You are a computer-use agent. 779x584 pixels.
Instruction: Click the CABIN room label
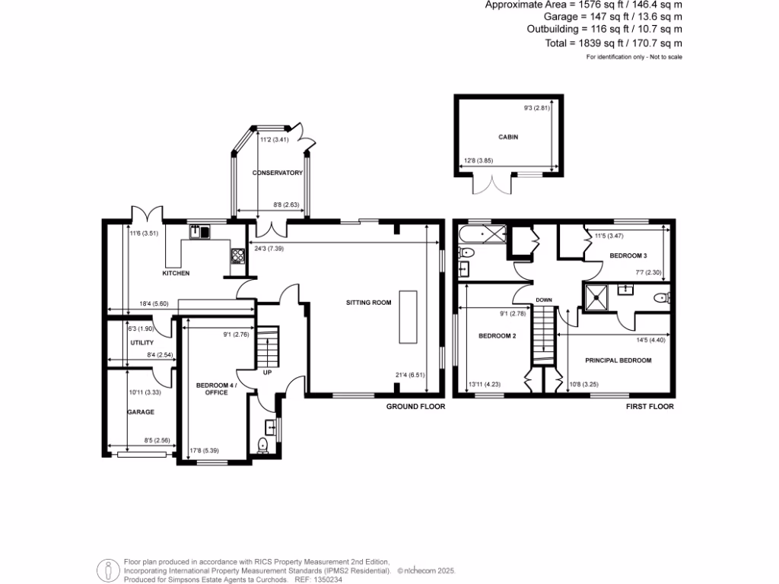508,137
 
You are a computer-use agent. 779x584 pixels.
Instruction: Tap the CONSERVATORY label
278,173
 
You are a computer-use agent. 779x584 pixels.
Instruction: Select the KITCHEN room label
176,273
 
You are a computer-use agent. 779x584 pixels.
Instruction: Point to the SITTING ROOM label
371,303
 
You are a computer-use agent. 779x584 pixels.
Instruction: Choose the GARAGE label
141,412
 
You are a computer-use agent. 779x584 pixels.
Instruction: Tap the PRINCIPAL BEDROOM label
618,360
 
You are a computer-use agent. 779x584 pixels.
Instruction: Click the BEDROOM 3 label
628,256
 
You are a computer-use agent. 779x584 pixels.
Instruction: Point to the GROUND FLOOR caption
415,407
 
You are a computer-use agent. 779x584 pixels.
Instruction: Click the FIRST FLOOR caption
650,407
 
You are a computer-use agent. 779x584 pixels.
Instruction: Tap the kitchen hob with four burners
237,256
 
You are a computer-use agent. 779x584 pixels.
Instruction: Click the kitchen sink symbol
200,231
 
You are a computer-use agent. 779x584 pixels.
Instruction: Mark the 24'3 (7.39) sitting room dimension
262,248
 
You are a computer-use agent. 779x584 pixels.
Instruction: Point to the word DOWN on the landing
543,300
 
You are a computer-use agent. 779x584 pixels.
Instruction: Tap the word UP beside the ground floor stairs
267,373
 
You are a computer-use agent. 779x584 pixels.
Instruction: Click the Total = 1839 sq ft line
613,43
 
